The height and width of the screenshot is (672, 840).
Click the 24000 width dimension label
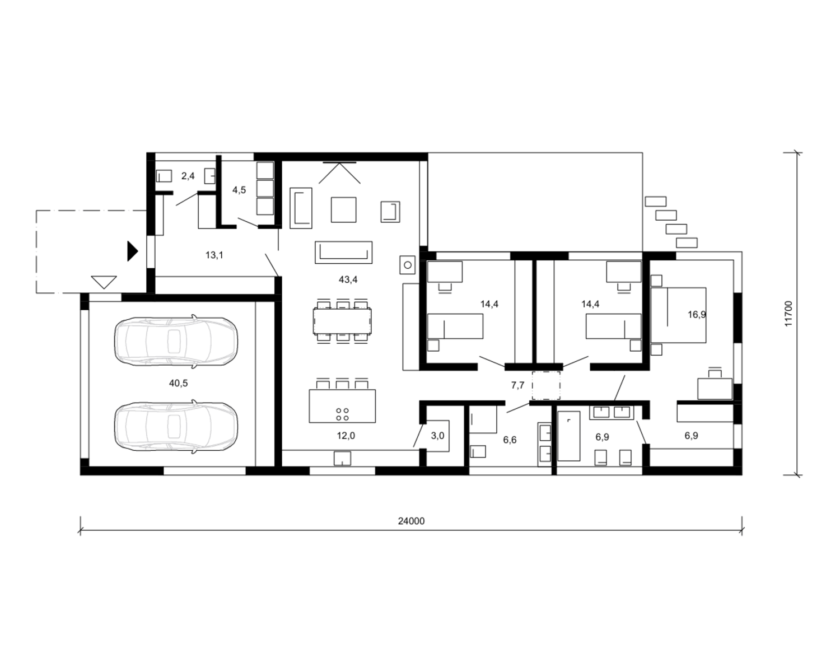point(411,521)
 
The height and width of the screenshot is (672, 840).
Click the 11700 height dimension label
point(788,314)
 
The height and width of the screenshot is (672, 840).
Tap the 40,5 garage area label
point(179,383)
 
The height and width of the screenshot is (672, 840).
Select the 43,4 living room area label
point(348,279)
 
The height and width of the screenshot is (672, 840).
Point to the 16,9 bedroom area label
point(697,314)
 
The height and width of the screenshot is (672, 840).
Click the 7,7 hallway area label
point(517,385)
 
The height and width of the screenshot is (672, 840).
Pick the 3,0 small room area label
point(437,436)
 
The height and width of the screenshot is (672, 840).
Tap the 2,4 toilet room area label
point(188,176)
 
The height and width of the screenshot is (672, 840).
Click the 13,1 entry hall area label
point(214,255)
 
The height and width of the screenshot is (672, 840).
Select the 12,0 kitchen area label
point(346,436)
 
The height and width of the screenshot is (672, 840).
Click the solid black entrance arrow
point(132,251)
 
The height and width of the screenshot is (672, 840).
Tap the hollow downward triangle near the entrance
point(104,282)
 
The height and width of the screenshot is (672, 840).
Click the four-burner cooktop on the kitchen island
point(342,414)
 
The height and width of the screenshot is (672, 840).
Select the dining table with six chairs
point(342,321)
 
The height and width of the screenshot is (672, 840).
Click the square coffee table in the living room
point(343,209)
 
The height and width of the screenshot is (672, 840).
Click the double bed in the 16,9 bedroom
point(678,315)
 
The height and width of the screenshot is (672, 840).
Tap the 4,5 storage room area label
point(239,190)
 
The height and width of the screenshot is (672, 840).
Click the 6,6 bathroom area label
point(510,440)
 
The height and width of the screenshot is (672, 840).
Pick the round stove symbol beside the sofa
point(408,265)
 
